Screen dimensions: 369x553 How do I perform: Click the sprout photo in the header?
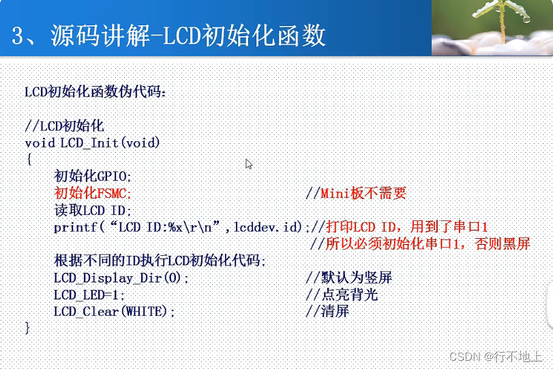[x=492, y=27]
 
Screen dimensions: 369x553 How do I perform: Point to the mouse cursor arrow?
[x=249, y=164]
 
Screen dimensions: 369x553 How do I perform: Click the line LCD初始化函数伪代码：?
[x=95, y=91]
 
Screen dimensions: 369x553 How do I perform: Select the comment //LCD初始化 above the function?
[x=64, y=126]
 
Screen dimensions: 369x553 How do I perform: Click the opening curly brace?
[x=29, y=159]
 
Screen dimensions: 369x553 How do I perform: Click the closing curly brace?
[x=28, y=327]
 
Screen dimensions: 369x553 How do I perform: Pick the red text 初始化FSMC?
[x=92, y=193]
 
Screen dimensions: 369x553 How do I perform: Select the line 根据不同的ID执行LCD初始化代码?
[x=160, y=261]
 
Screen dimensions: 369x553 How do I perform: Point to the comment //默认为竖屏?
[x=348, y=278]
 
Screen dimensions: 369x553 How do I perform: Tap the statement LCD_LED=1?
[x=89, y=295]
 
